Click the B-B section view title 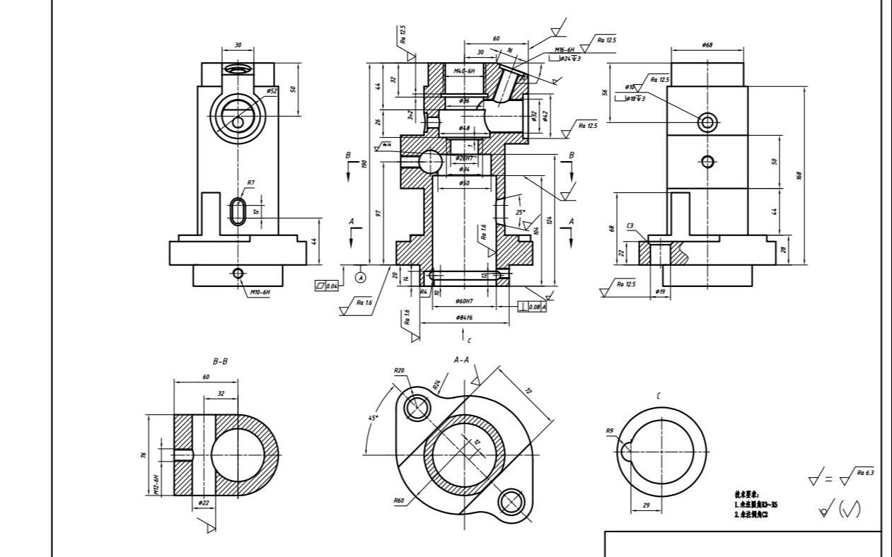click(x=221, y=361)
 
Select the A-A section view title click(x=461, y=360)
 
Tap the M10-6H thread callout click(x=260, y=291)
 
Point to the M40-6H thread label click(x=464, y=71)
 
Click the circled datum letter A click(x=361, y=277)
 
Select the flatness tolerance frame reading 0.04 click(x=327, y=286)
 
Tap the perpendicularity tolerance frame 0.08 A click(x=533, y=307)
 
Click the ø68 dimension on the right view click(x=707, y=45)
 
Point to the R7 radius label click(x=250, y=183)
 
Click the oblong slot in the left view click(x=238, y=211)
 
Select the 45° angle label click(x=373, y=418)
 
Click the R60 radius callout click(x=399, y=500)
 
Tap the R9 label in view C click(x=610, y=430)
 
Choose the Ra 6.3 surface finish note click(x=864, y=472)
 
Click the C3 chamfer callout click(x=630, y=226)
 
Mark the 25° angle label click(x=520, y=212)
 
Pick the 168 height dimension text click(x=799, y=175)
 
